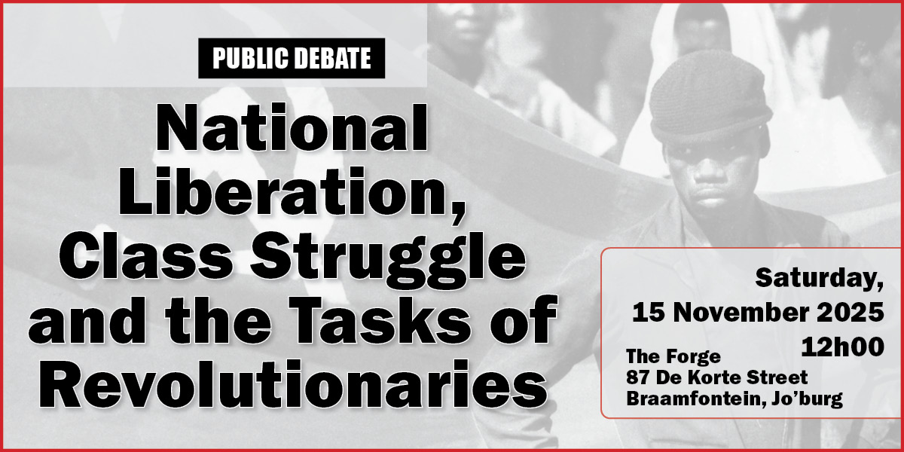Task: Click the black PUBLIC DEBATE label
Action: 292,58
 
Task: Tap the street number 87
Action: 640,377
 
